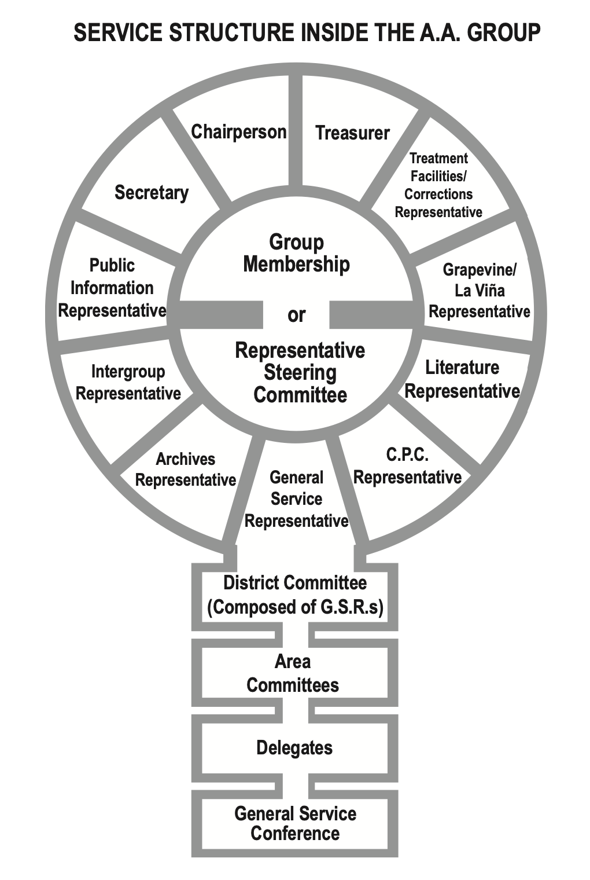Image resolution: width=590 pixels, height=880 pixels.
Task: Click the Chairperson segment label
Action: [x=239, y=132]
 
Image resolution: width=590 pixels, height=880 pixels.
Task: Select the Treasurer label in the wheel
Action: [x=352, y=133]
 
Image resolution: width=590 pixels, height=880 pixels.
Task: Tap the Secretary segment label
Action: [x=152, y=192]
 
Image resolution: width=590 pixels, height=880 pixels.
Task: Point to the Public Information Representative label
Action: [x=112, y=288]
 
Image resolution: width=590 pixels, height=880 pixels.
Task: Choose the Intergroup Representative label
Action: [x=128, y=382]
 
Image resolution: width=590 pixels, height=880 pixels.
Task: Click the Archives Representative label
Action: [x=185, y=470]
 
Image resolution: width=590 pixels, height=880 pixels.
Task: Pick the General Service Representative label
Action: [x=296, y=499]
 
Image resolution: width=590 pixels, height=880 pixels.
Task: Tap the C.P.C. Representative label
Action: [x=407, y=466]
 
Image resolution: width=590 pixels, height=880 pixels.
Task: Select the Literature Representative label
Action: [x=462, y=379]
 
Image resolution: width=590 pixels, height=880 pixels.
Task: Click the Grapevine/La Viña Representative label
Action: [x=479, y=291]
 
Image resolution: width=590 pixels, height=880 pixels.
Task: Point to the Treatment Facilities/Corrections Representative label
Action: [x=438, y=185]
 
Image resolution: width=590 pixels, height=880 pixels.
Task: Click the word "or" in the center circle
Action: [x=296, y=315]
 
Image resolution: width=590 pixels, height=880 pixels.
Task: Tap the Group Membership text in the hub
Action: [x=296, y=253]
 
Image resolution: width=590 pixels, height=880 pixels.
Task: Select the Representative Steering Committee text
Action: [x=300, y=373]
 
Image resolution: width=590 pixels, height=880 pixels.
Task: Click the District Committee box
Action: [x=295, y=595]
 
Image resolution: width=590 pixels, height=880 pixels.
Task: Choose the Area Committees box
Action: [x=293, y=673]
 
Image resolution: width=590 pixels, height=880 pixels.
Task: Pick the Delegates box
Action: [x=294, y=747]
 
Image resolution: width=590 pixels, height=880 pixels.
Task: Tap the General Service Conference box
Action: [x=295, y=823]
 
